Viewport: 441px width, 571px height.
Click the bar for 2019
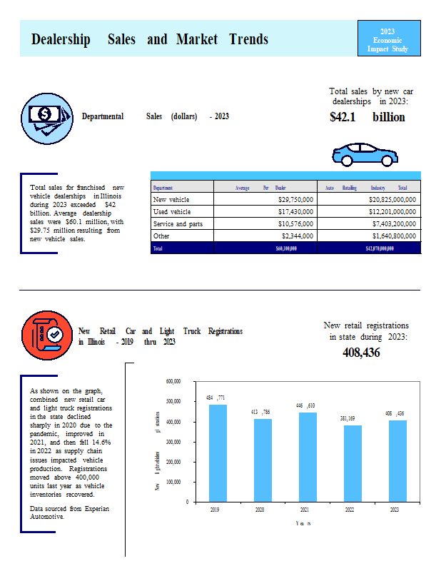[x=218, y=453]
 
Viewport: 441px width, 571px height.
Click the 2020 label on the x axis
[x=260, y=510]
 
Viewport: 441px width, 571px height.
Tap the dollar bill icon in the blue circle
[x=45, y=116]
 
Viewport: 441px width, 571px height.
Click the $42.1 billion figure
[x=367, y=117]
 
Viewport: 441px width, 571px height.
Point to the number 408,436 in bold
[x=361, y=353]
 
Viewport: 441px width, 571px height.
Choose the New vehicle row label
[x=171, y=200]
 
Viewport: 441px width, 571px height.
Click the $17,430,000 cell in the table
[x=295, y=212]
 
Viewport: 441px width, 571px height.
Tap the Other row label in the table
[x=161, y=236]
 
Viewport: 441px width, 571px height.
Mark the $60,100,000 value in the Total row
[x=286, y=248]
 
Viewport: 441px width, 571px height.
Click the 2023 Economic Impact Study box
[x=387, y=40]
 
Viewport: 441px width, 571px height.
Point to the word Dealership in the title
[x=61, y=39]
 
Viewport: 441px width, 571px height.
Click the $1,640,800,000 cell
[x=388, y=236]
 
